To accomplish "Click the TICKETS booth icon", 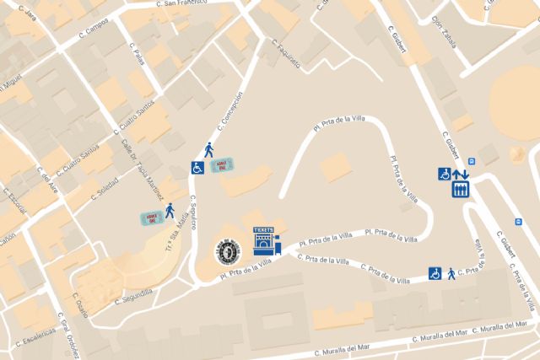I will click(x=265, y=240).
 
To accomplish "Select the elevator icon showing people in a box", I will click(x=460, y=191).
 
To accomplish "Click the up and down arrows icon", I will click(x=460, y=175).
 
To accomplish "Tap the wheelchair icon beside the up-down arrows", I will click(x=444, y=174).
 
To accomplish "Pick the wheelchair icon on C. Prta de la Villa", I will click(x=435, y=273).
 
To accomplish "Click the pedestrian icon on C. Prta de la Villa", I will click(x=451, y=273).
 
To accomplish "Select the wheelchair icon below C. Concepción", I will click(x=197, y=168).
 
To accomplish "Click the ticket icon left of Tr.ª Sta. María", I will click(x=150, y=218).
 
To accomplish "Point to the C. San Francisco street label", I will click(x=185, y=5).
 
